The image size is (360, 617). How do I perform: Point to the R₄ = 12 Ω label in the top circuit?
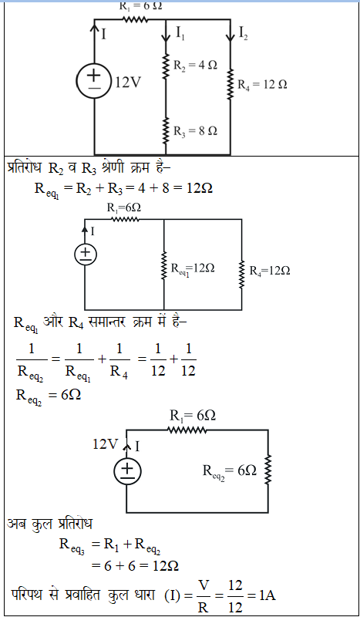(x=262, y=84)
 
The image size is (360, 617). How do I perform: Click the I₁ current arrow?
(x=166, y=31)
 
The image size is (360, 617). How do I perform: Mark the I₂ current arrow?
(x=230, y=31)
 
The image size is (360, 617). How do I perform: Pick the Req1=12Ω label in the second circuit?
(x=193, y=269)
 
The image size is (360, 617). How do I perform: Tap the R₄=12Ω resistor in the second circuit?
(x=241, y=272)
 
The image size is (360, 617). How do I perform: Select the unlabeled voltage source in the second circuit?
(x=86, y=255)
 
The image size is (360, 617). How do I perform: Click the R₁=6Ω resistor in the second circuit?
(x=125, y=219)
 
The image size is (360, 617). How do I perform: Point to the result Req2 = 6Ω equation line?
(x=49, y=396)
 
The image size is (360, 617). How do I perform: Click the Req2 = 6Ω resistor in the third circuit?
(x=268, y=470)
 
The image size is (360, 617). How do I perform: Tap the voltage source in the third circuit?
(x=126, y=470)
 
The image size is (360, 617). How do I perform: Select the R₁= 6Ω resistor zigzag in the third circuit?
(x=187, y=430)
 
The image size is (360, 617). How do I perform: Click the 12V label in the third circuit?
(x=105, y=444)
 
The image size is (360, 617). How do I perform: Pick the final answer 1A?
(x=267, y=595)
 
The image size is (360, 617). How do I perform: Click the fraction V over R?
(x=203, y=595)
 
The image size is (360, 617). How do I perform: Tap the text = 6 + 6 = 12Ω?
(x=135, y=566)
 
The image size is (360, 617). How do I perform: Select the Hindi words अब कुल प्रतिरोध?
(x=49, y=524)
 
